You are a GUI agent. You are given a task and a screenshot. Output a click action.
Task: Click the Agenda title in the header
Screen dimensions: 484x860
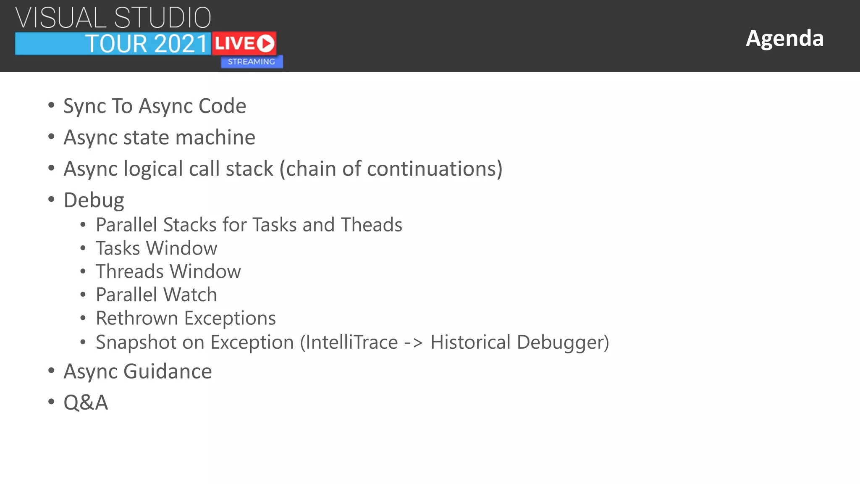tap(784, 38)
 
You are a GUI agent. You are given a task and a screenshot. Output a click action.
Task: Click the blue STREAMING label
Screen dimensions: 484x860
tap(252, 62)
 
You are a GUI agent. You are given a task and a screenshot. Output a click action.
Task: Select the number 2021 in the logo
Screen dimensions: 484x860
tap(181, 44)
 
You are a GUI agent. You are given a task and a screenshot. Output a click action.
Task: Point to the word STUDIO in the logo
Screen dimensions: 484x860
tap(163, 18)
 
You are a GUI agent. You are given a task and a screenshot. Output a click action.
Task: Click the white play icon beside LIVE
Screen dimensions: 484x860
tap(265, 43)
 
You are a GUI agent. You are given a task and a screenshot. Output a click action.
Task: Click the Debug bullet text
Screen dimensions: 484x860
tap(94, 200)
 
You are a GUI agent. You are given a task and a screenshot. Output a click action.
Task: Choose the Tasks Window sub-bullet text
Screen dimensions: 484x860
tap(156, 248)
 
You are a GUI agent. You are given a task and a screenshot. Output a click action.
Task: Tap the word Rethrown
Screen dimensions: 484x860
tap(137, 318)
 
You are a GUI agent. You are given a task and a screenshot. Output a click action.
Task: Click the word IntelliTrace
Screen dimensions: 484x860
tap(351, 342)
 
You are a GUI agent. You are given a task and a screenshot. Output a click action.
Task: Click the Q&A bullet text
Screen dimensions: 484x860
tap(86, 402)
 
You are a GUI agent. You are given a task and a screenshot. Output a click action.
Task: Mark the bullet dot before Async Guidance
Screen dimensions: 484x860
tap(51, 371)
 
